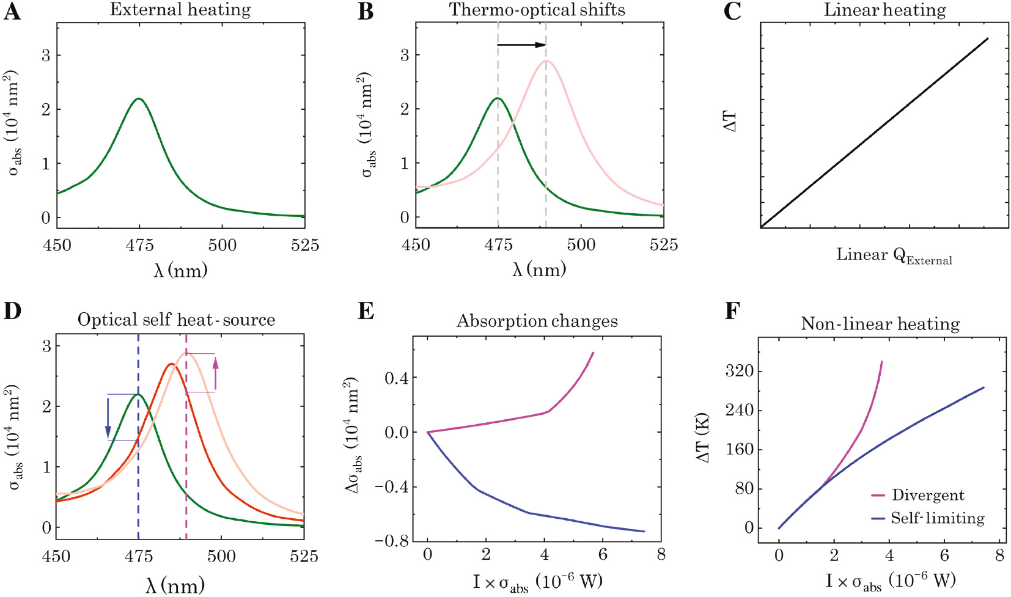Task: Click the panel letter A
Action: (12, 12)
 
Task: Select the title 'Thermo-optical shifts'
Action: (537, 10)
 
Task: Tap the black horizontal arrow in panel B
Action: (521, 45)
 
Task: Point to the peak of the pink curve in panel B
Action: (546, 60)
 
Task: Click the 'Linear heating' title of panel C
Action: (884, 10)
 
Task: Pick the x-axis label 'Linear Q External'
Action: (894, 255)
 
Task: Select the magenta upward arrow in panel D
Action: (215, 373)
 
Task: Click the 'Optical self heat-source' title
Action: (176, 320)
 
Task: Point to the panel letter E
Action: (366, 311)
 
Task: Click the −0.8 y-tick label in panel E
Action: (392, 541)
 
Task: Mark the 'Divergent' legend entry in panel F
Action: (927, 495)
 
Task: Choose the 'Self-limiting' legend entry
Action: (937, 518)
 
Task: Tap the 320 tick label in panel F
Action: (740, 371)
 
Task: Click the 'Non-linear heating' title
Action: (880, 323)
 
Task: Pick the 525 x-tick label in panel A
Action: (304, 246)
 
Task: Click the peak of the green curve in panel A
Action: (139, 98)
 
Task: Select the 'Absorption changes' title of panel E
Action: (537, 321)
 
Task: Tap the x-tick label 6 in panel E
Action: (603, 554)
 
